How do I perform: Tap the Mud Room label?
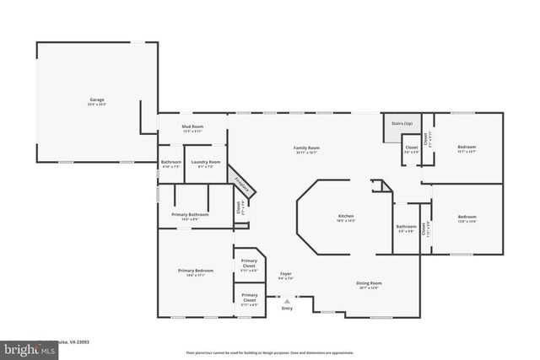tap(192, 127)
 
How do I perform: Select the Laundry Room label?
tap(205, 161)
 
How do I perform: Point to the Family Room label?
tap(305, 148)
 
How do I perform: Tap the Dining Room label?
tap(369, 283)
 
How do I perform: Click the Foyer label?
tap(285, 272)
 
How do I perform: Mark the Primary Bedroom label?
tap(195, 271)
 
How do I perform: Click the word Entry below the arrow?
tap(287, 309)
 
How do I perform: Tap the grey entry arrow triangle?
tap(287, 300)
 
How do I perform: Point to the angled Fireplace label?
tap(240, 183)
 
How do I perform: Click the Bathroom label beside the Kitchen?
tap(406, 226)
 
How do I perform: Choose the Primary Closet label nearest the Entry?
tap(250, 298)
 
